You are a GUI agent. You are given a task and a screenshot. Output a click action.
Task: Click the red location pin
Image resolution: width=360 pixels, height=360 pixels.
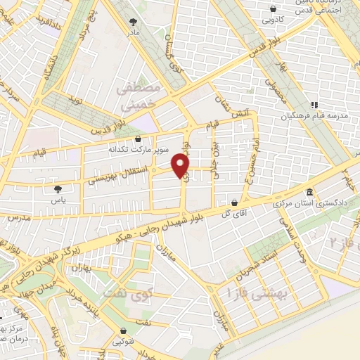coord(181,165)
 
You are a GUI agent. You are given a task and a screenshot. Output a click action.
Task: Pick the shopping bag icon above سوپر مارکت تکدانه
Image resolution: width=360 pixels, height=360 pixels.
coord(137,138)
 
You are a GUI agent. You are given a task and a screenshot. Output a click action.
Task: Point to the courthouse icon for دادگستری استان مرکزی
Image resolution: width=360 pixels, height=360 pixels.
coord(309,193)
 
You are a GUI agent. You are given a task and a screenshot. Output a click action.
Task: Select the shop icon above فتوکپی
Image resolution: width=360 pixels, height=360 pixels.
coord(124,331)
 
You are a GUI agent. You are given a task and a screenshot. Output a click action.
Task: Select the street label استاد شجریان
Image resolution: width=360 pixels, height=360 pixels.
coord(258,268)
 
